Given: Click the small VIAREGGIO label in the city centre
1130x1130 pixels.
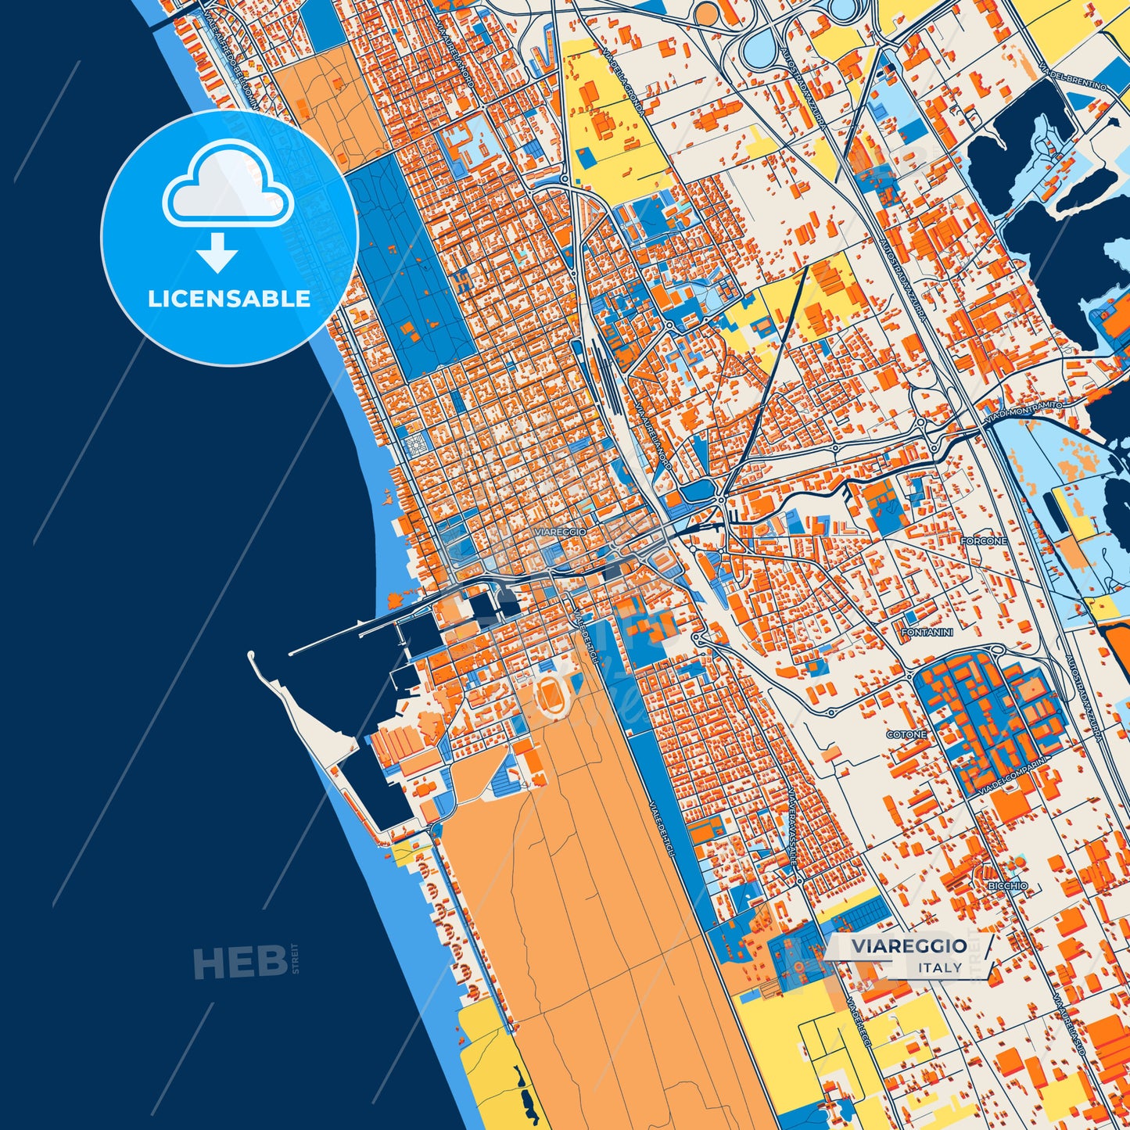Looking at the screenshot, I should click(560, 532).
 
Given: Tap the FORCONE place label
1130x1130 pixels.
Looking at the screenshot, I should click(984, 541).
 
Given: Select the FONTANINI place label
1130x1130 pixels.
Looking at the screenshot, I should click(927, 632).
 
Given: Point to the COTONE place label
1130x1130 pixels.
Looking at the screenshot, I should click(906, 734).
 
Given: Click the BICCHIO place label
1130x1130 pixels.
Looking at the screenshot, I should click(1007, 886).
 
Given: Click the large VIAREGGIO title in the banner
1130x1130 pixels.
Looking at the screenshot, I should click(909, 946).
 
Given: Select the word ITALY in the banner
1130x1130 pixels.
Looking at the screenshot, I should click(940, 967).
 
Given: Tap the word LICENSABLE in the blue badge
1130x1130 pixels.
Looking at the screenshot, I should click(229, 299).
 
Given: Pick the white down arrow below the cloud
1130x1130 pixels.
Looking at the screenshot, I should click(217, 251).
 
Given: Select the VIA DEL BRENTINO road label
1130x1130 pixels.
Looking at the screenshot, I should click(1078, 73).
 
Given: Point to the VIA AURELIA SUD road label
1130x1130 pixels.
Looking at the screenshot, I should click(1068, 1024).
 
